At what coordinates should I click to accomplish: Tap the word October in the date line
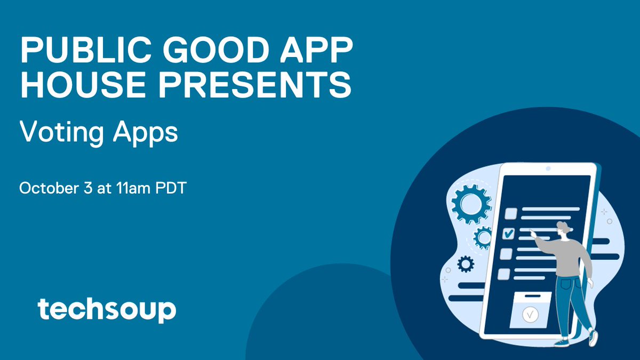pos(46,189)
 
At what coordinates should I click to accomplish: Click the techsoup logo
pos(107,310)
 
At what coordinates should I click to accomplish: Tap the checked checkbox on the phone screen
pos(509,233)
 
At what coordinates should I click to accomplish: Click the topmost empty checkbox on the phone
pos(511,213)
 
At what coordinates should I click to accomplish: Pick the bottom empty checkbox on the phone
pos(503,274)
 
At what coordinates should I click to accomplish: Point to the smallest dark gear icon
pos(466,263)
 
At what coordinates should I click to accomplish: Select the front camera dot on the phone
pos(547,170)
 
